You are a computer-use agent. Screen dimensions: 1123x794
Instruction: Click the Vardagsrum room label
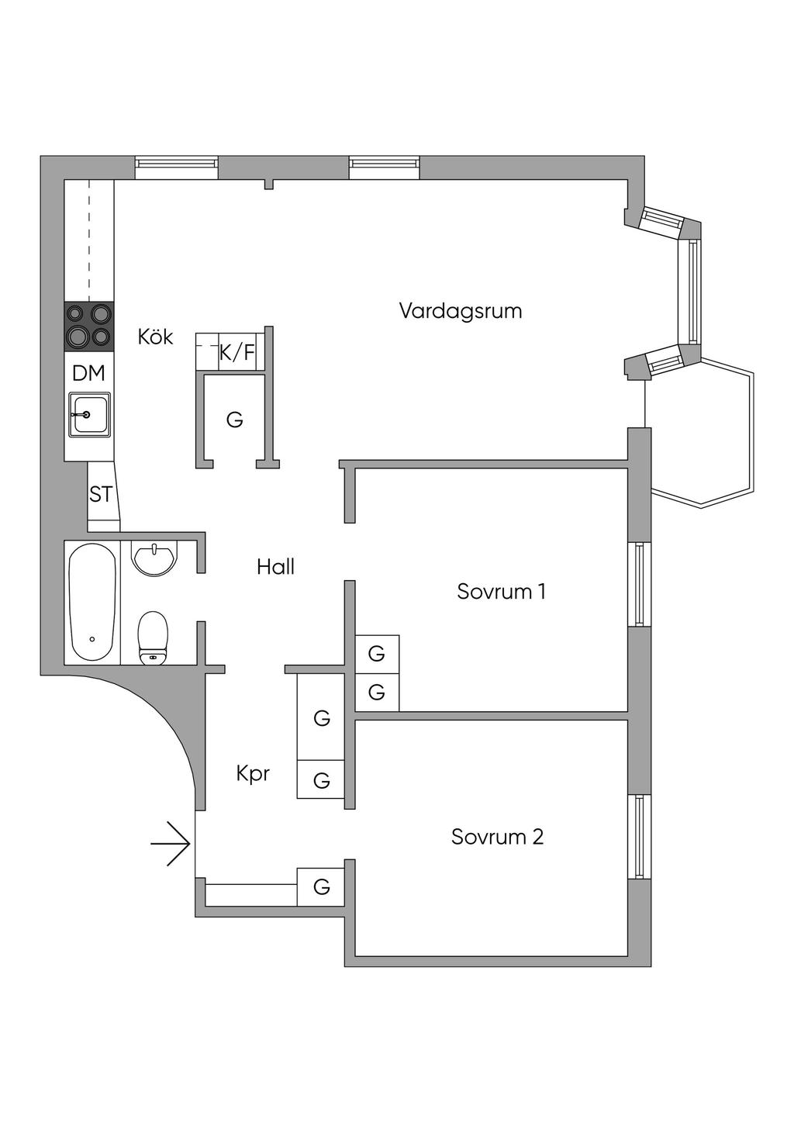pyautogui.click(x=460, y=311)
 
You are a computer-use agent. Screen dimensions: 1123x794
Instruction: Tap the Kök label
pyautogui.click(x=155, y=337)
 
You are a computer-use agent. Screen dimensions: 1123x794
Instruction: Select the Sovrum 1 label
pyautogui.click(x=501, y=592)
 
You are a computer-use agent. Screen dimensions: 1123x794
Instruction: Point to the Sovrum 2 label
pyautogui.click(x=497, y=837)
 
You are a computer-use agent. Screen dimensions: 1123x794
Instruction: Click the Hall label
pyautogui.click(x=275, y=567)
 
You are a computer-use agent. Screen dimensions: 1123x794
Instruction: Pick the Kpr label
pyautogui.click(x=253, y=773)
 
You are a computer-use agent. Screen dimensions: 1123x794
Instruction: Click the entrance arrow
pyautogui.click(x=171, y=843)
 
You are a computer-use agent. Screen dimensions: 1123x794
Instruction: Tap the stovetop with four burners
pyautogui.click(x=88, y=325)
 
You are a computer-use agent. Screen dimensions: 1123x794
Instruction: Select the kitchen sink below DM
pyautogui.click(x=89, y=414)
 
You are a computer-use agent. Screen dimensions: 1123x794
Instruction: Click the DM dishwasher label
pyautogui.click(x=88, y=373)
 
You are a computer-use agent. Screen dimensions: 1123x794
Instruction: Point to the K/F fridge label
pyautogui.click(x=236, y=353)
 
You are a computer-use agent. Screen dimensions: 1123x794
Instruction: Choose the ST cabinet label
pyautogui.click(x=101, y=494)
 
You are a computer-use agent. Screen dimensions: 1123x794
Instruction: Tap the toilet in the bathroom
pyautogui.click(x=153, y=638)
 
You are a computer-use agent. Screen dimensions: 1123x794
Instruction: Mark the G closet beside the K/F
pyautogui.click(x=235, y=420)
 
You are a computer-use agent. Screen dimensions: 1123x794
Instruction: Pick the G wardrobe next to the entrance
pyautogui.click(x=322, y=886)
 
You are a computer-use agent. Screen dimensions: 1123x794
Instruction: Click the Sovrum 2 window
pyautogui.click(x=639, y=836)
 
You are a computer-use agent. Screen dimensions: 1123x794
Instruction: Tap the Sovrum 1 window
pyautogui.click(x=639, y=584)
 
